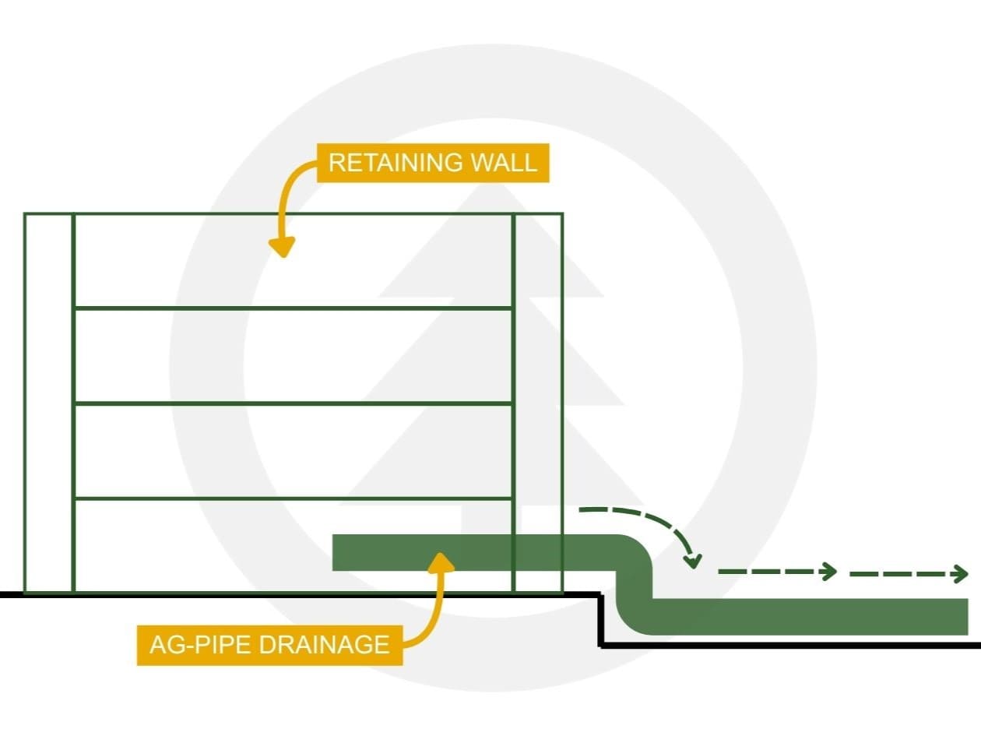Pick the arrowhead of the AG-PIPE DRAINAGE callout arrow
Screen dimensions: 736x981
pyautogui.click(x=442, y=561)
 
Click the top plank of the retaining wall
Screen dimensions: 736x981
pyautogui.click(x=293, y=261)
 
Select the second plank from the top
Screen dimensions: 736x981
pyautogui.click(x=293, y=356)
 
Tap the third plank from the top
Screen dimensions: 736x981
pyautogui.click(x=293, y=451)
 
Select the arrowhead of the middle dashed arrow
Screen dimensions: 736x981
pyautogui.click(x=830, y=572)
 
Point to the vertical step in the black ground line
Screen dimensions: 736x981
pyautogui.click(x=601, y=620)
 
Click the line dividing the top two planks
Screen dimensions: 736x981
pyautogui.click(x=293, y=308)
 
